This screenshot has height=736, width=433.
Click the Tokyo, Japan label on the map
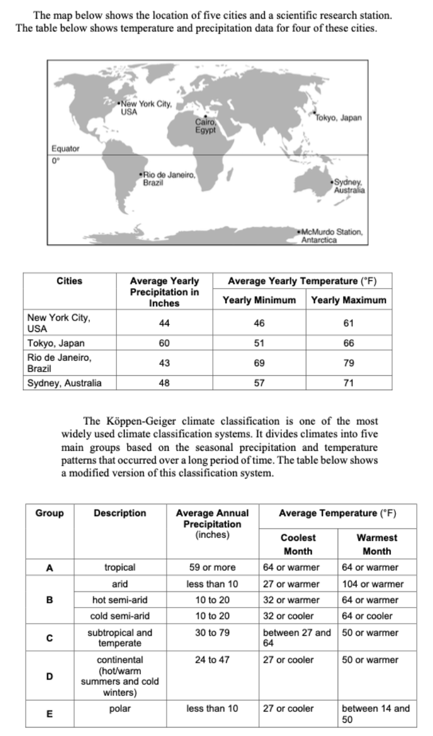340,118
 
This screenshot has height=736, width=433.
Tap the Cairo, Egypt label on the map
205,127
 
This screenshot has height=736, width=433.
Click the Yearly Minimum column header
259,300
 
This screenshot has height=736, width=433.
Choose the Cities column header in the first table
69,280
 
